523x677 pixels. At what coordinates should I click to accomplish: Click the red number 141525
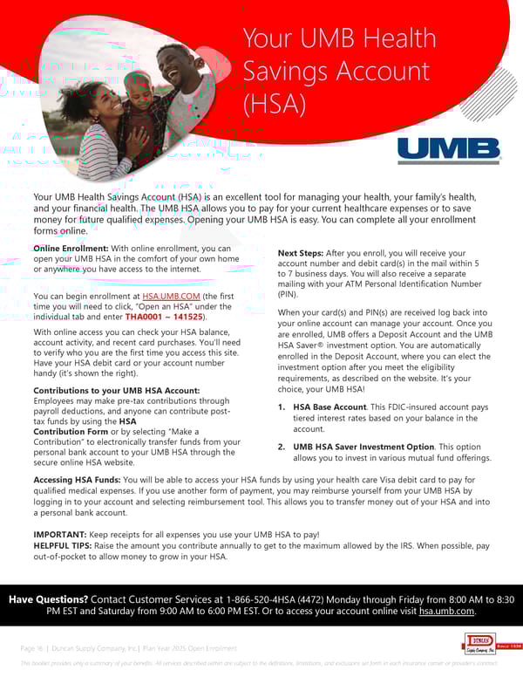[x=188, y=318]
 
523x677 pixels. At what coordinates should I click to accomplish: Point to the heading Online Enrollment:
[x=71, y=249]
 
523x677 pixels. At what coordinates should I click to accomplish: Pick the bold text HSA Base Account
[x=330, y=407]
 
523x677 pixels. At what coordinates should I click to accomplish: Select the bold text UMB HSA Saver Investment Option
[x=363, y=447]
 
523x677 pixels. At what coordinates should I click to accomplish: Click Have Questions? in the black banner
[x=48, y=599]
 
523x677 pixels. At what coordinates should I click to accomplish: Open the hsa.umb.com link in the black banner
[x=446, y=612]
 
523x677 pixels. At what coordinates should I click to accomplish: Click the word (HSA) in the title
[x=274, y=104]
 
